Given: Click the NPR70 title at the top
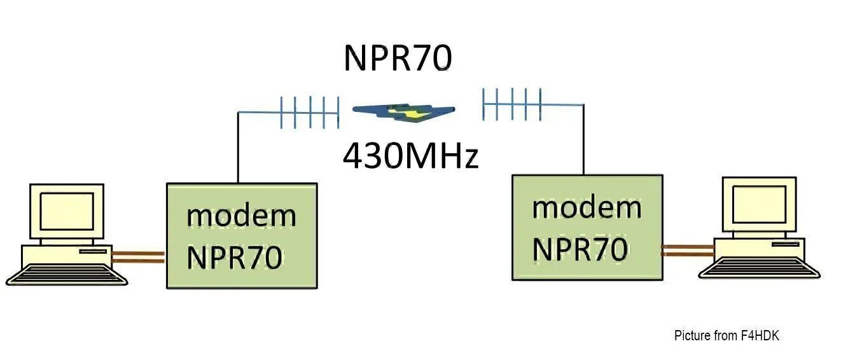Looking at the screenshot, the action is pos(398,57).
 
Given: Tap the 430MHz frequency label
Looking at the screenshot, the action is pos(410,155).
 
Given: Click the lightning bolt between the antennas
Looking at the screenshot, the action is pos(403,112).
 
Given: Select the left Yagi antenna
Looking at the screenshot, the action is pos(310,112).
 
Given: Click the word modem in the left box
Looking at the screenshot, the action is pos(241,216).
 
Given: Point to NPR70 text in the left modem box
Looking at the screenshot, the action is pos(235,257).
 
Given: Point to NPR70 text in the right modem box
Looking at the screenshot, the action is pos(580,249).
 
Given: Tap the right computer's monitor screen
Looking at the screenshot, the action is pos(760,204).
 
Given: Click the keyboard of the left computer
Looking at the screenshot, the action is pos(67,274).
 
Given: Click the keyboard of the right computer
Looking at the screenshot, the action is pos(760,268).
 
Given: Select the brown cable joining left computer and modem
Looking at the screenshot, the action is pos(138,257).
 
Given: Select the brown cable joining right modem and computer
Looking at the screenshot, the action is pos(688,251).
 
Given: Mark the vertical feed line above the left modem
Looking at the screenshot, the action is pos(238,148).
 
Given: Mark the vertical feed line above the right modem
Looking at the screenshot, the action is pos(584,140).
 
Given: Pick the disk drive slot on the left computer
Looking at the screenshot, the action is pos(93,251).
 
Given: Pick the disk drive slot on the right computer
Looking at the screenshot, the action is pos(786,244).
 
